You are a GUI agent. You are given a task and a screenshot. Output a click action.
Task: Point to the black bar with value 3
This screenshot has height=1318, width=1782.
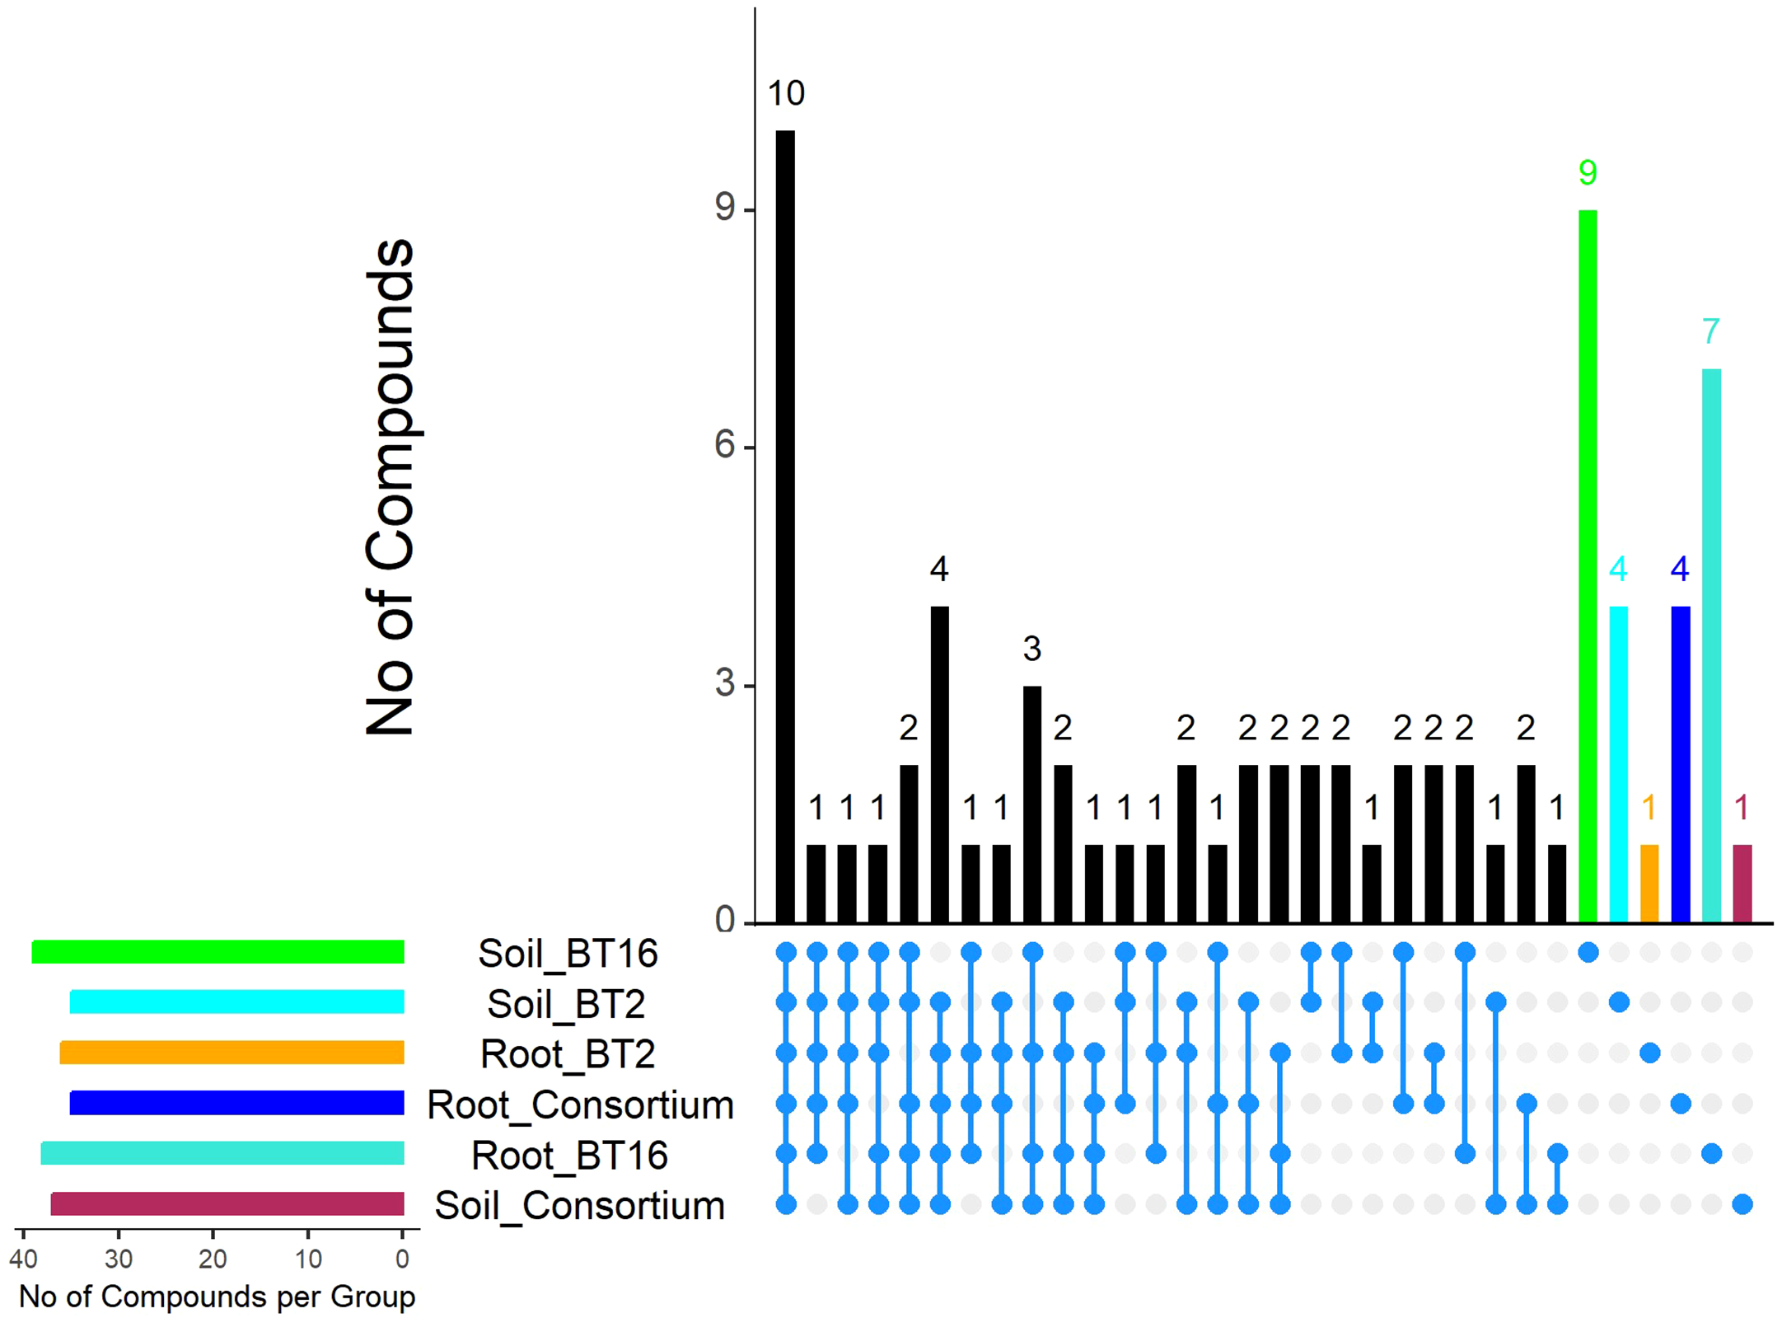pyautogui.click(x=1031, y=804)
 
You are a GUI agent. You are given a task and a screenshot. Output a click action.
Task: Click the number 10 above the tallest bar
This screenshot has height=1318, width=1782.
pyautogui.click(x=786, y=93)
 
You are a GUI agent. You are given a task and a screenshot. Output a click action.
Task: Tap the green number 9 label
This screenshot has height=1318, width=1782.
pyautogui.click(x=1588, y=172)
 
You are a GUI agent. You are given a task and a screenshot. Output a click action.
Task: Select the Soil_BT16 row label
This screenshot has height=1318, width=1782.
pyautogui.click(x=568, y=954)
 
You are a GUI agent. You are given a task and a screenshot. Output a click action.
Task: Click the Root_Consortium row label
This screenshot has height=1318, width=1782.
pyautogui.click(x=580, y=1105)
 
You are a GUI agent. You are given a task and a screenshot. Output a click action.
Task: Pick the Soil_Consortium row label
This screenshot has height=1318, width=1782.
pyautogui.click(x=580, y=1206)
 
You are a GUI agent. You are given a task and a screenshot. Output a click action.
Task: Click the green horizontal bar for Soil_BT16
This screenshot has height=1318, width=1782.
pyautogui.click(x=218, y=952)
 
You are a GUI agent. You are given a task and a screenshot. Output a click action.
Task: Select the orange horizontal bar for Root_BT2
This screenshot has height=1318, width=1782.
pyautogui.click(x=232, y=1053)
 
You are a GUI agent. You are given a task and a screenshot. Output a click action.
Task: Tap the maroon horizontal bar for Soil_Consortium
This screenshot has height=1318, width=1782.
pyautogui.click(x=227, y=1204)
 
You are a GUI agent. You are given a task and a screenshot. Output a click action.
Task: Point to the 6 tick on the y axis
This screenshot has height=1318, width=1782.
pyautogui.click(x=725, y=446)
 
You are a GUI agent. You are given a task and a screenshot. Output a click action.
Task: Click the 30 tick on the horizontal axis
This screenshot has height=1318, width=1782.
pyautogui.click(x=119, y=1259)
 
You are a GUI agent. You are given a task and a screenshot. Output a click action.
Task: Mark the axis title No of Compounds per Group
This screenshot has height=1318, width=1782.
pyautogui.click(x=217, y=1297)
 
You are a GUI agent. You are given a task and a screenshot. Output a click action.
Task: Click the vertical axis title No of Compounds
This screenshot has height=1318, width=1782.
pyautogui.click(x=389, y=486)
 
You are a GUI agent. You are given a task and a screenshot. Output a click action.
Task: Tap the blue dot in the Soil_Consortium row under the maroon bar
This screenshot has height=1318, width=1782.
pyautogui.click(x=1742, y=1205)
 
